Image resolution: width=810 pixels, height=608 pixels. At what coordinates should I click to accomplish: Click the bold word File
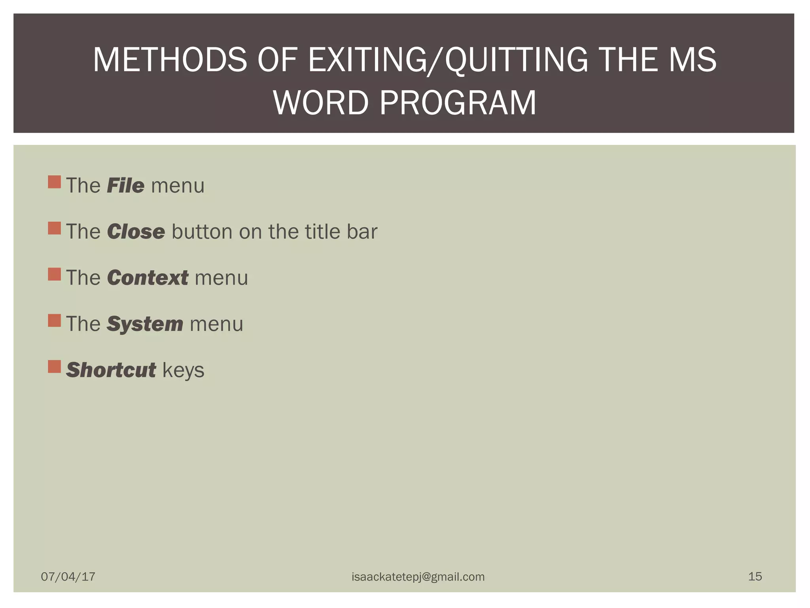[125, 186]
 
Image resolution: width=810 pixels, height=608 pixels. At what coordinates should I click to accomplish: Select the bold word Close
[136, 232]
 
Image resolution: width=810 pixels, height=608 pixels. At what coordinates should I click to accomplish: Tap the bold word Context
[148, 277]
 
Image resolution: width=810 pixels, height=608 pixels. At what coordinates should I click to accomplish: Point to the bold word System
[145, 324]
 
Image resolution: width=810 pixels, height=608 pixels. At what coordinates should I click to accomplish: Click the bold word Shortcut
[111, 370]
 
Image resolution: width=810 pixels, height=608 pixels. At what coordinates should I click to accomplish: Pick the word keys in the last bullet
[183, 370]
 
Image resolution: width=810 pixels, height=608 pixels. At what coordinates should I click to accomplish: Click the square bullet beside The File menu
[54, 182]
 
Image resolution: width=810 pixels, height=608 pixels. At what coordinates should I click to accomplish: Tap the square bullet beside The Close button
[54, 228]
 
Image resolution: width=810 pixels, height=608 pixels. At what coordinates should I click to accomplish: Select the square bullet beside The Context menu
[54, 274]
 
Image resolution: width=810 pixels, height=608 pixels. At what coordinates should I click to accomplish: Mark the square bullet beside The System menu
[54, 320]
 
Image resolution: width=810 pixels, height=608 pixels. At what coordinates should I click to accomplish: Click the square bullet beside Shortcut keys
[54, 367]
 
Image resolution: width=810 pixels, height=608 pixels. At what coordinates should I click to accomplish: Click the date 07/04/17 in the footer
[68, 576]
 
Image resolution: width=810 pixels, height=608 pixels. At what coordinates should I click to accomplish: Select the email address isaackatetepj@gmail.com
[418, 577]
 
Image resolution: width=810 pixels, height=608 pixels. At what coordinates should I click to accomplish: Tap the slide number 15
[755, 576]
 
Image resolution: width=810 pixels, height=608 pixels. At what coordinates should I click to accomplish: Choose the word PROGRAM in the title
[458, 103]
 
